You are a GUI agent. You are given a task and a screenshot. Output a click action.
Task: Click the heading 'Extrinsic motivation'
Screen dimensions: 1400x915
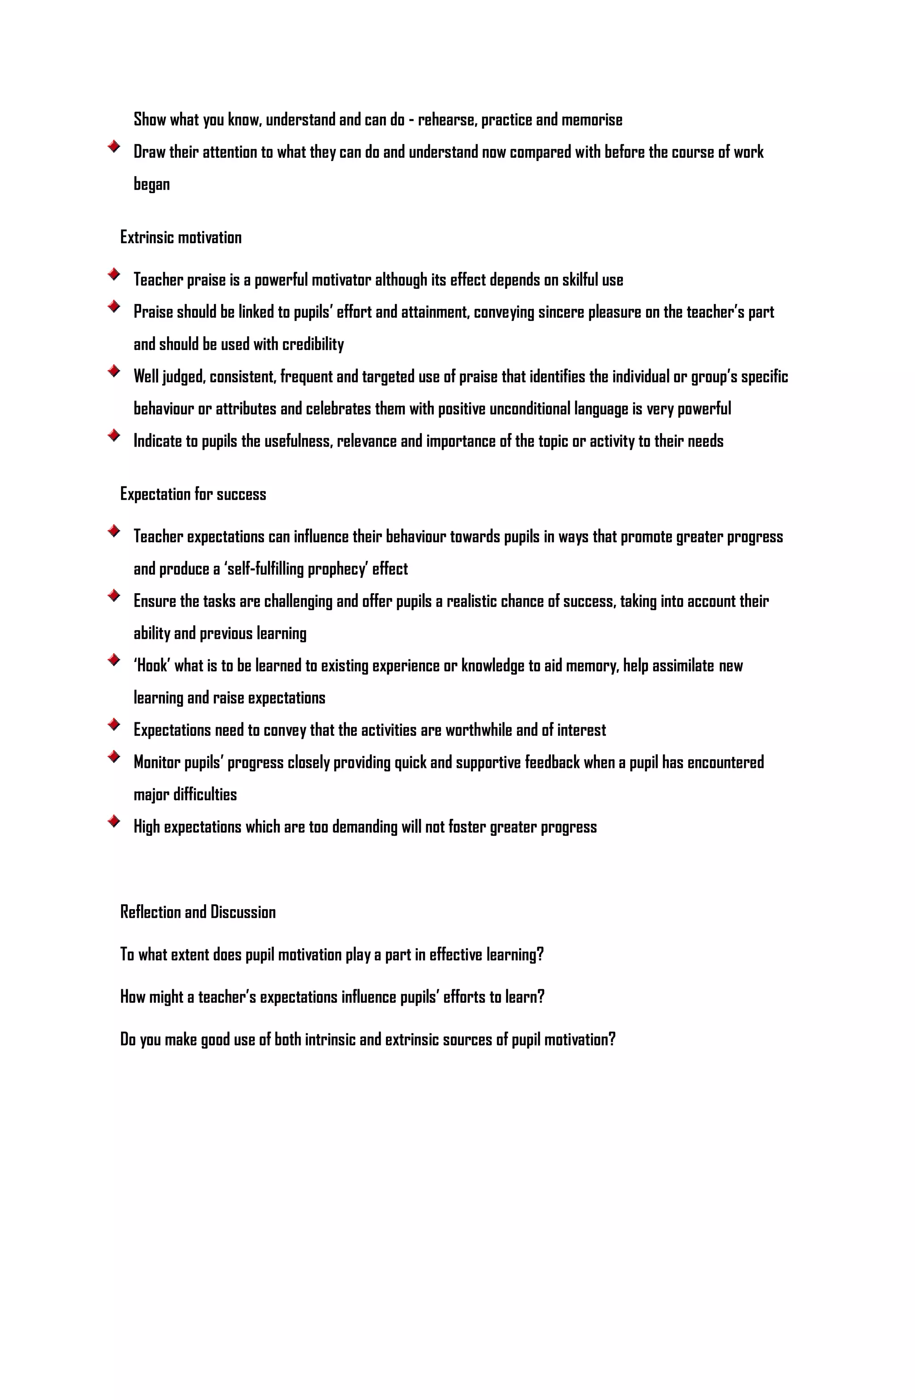coord(180,237)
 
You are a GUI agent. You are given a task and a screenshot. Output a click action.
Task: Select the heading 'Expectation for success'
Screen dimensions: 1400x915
coord(193,494)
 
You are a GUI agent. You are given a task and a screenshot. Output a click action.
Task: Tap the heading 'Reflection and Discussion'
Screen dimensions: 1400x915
coord(197,912)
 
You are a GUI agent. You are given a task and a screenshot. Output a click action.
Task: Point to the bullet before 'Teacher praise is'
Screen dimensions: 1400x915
coord(114,274)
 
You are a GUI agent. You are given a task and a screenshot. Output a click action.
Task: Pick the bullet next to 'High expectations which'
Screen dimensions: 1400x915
coord(114,821)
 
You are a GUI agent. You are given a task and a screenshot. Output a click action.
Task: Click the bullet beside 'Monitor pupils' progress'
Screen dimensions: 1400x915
coord(114,756)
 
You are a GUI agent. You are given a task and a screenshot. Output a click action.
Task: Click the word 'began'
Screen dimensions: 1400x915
coord(152,184)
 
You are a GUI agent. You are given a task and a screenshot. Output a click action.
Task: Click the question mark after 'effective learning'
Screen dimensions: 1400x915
coord(540,954)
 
